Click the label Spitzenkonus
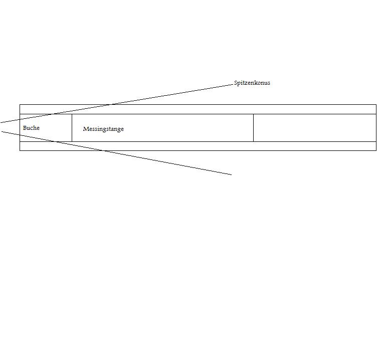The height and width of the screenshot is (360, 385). [x=252, y=83]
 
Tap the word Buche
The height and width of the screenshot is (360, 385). [x=31, y=128]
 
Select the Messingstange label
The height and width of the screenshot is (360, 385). [x=103, y=129]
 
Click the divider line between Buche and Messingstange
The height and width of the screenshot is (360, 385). [x=72, y=128]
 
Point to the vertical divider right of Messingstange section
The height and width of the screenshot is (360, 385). [x=253, y=128]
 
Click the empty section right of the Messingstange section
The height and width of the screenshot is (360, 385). [x=314, y=128]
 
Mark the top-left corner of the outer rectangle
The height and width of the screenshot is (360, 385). [x=20, y=104]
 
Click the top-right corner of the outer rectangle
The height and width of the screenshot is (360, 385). [x=376, y=104]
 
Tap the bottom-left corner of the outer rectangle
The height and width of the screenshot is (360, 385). [x=20, y=150]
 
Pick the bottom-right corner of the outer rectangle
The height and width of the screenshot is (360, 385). [x=376, y=150]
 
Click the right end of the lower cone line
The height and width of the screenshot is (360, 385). [x=232, y=174]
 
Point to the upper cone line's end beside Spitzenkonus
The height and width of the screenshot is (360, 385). [x=233, y=85]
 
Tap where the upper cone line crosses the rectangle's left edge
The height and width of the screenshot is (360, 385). [x=20, y=119]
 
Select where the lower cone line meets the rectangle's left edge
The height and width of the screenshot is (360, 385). [x=20, y=135]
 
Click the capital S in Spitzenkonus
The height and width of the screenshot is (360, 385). [x=236, y=83]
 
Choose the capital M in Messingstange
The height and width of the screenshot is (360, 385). [x=86, y=129]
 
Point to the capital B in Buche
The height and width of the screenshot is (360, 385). [x=25, y=128]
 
